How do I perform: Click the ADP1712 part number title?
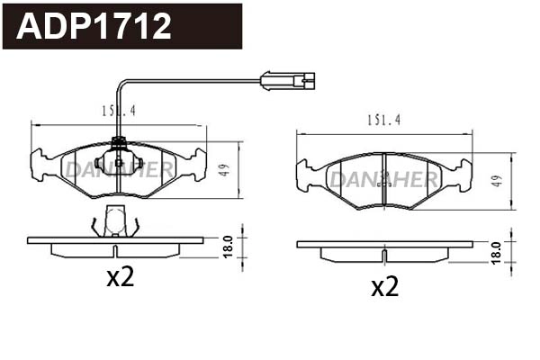[x=95, y=27]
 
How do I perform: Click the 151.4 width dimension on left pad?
[x=118, y=112]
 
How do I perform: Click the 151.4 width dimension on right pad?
[x=383, y=121]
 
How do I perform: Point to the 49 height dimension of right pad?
[x=496, y=181]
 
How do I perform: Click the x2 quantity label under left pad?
[x=120, y=277]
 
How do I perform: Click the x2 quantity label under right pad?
[x=384, y=286]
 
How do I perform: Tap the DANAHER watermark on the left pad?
[x=117, y=168]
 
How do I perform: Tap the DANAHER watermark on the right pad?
[x=383, y=179]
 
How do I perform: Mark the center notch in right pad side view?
[x=383, y=256]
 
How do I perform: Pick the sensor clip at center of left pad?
[x=118, y=162]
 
